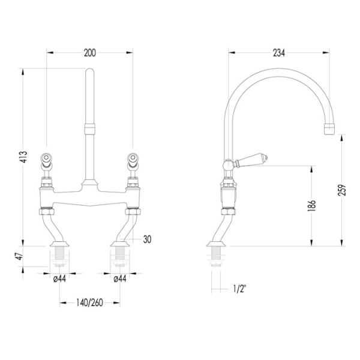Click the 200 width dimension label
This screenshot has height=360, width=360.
(x=90, y=53)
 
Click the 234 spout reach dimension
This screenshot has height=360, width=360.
(x=279, y=53)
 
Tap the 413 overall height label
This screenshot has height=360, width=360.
(x=23, y=157)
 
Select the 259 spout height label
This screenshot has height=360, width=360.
(x=342, y=190)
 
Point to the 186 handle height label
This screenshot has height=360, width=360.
(x=311, y=206)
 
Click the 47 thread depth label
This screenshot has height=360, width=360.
(x=20, y=256)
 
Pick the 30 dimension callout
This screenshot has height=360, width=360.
(x=147, y=239)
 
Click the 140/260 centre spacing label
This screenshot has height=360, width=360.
(x=89, y=303)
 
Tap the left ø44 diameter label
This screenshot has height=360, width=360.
(x=59, y=279)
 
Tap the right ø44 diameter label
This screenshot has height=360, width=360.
(x=120, y=279)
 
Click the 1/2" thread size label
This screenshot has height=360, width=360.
(x=239, y=289)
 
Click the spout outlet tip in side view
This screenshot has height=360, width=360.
(x=329, y=129)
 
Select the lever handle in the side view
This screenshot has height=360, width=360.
(x=250, y=160)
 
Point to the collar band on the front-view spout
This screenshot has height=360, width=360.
(x=89, y=128)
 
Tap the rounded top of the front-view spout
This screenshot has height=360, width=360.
(x=89, y=71)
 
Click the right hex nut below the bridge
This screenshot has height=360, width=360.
(x=133, y=211)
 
